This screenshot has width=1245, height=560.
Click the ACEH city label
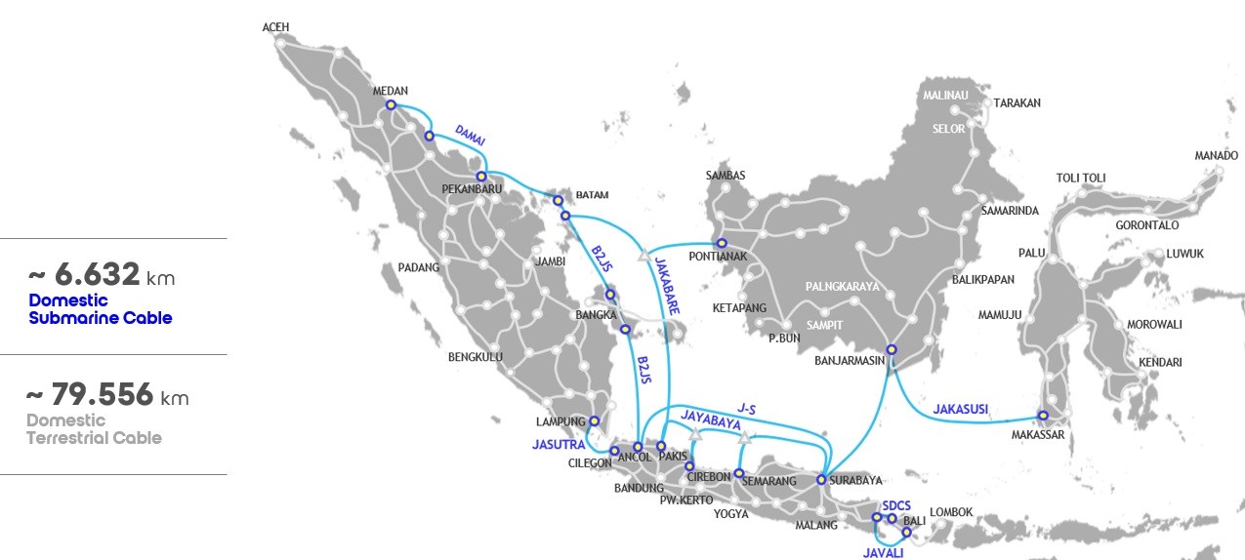tap(276, 27)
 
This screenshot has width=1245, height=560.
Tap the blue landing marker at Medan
tap(391, 104)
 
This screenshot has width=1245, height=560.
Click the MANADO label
tap(1216, 156)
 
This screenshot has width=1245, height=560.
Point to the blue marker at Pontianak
tap(722, 243)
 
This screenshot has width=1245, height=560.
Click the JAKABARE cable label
tap(668, 286)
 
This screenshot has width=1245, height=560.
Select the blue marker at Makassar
tap(1043, 416)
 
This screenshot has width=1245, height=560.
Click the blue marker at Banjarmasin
tap(891, 349)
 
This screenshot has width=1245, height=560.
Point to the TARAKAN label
tap(1017, 102)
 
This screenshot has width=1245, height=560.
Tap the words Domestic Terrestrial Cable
tap(93, 429)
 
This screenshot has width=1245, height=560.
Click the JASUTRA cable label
tap(558, 445)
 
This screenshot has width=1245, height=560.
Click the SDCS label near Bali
tap(895, 505)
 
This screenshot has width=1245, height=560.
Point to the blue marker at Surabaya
tap(821, 479)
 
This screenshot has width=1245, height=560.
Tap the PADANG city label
tap(419, 267)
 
